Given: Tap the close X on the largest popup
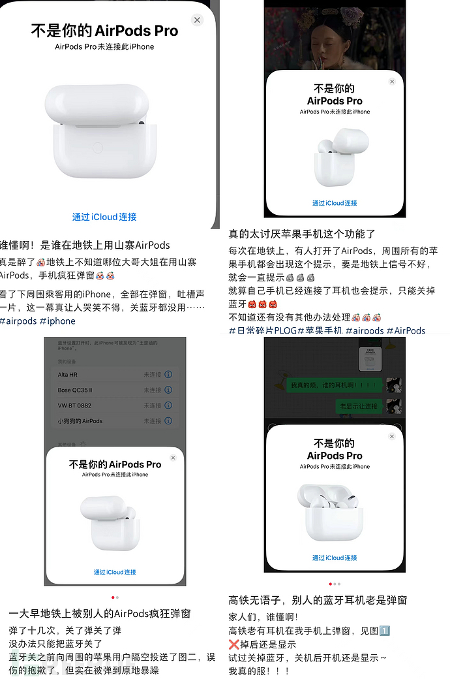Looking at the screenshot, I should pos(197,20).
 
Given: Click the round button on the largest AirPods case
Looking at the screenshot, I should pos(98,148).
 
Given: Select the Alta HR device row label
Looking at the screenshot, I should pos(68,375).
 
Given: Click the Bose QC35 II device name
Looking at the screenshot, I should pos(75,390).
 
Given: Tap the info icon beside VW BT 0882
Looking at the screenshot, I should pos(168,405).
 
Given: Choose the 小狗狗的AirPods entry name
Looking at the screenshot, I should pos(80,421).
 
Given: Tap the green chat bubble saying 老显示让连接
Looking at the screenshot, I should pos(358,406).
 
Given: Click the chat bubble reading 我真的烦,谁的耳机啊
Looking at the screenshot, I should pos(333,385).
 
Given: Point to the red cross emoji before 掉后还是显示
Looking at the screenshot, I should pos(234,644).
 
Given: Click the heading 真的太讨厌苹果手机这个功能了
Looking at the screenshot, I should pos(302,234).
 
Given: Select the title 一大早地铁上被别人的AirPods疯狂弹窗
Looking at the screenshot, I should pos(100,614).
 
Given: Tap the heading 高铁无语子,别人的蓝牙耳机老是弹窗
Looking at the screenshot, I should pos(318,600).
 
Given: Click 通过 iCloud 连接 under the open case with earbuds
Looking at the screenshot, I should pos(335,558).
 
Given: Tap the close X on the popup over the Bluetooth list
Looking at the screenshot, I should pos(173,458).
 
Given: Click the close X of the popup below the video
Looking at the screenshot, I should pos(392,82).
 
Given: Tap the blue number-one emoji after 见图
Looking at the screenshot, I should pos(385,631).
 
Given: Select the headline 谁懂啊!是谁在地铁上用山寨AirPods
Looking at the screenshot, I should pos(85,245).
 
